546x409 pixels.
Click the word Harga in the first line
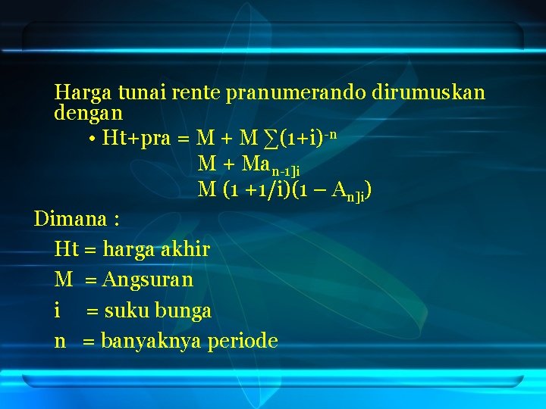[82, 93]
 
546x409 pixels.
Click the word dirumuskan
[428, 93]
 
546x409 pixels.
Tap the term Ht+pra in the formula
[136, 139]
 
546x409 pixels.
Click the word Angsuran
[148, 279]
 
